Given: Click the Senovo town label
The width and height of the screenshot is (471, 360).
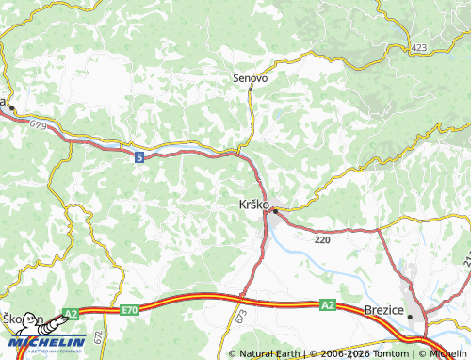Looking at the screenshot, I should point(251,78).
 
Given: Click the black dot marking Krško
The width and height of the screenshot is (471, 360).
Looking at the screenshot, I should point(274,211).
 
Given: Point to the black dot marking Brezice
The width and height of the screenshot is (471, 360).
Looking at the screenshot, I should point(410,318).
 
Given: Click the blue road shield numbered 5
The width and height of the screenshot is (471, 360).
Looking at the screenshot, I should point(139,157).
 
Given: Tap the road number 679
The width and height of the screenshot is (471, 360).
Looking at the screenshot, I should point(38,124).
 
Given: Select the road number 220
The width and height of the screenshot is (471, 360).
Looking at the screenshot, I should point(323,240).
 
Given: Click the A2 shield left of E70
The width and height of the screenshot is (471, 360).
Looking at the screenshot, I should point(71,313).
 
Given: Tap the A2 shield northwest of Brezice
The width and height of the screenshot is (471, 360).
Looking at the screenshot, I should point(327,304).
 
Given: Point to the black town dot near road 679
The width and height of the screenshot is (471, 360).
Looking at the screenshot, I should point(12,110).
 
